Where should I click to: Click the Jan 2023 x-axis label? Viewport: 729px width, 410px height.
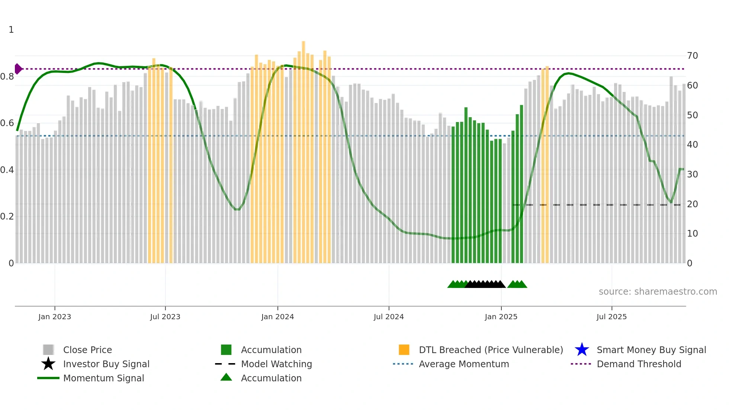coord(55,317)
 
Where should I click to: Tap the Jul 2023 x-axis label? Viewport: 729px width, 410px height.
coord(165,317)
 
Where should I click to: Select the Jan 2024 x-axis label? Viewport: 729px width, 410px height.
coord(277,317)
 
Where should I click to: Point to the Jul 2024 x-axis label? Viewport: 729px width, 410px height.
coord(389,317)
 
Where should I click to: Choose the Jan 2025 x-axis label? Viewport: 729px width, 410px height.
coord(501,317)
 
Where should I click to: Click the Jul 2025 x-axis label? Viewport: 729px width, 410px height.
coord(611,317)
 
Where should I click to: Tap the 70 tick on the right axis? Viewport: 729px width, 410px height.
coord(693,56)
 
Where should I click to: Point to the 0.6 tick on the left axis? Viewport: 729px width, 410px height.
coord(7,123)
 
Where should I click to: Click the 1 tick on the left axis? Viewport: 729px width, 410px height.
coord(11,30)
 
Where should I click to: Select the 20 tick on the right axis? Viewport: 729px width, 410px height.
coord(693,204)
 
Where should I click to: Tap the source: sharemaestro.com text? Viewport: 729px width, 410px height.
coord(658,292)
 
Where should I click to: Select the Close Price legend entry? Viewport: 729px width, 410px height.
coord(87,350)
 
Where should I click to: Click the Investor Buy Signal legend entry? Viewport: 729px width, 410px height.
coord(106,364)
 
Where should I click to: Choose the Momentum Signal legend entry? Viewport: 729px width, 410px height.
coord(103,378)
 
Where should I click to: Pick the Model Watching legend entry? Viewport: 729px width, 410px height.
coord(276,364)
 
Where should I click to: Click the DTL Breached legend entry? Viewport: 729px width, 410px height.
coord(491,350)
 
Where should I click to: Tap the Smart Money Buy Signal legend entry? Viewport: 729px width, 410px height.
coord(651,350)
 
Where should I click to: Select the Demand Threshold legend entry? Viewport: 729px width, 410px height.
coord(639,364)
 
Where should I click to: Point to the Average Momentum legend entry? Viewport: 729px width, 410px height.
coord(464,364)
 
